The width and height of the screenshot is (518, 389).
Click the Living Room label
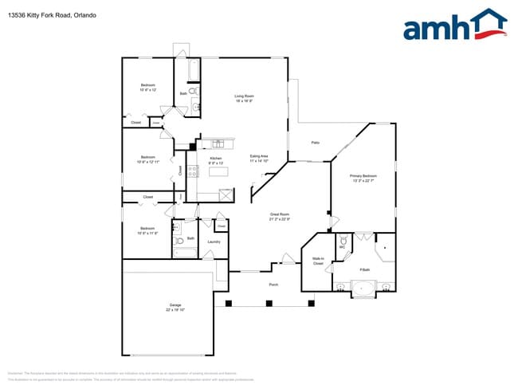(244, 96)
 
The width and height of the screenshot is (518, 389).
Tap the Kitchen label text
(215, 158)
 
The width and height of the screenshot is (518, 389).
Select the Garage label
(175, 305)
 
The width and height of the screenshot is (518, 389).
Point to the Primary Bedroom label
(363, 175)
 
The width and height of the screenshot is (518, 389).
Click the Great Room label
(279, 214)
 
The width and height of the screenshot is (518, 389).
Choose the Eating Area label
(259, 156)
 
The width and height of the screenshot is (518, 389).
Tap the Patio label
(316, 143)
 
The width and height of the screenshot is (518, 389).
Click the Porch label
(273, 285)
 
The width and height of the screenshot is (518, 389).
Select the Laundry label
(214, 242)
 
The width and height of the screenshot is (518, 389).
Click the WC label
(342, 248)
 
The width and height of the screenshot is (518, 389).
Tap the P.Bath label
(364, 270)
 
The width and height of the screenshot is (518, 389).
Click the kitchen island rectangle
(216, 171)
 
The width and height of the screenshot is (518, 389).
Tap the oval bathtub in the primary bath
(363, 288)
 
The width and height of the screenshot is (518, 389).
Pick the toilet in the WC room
(343, 238)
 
